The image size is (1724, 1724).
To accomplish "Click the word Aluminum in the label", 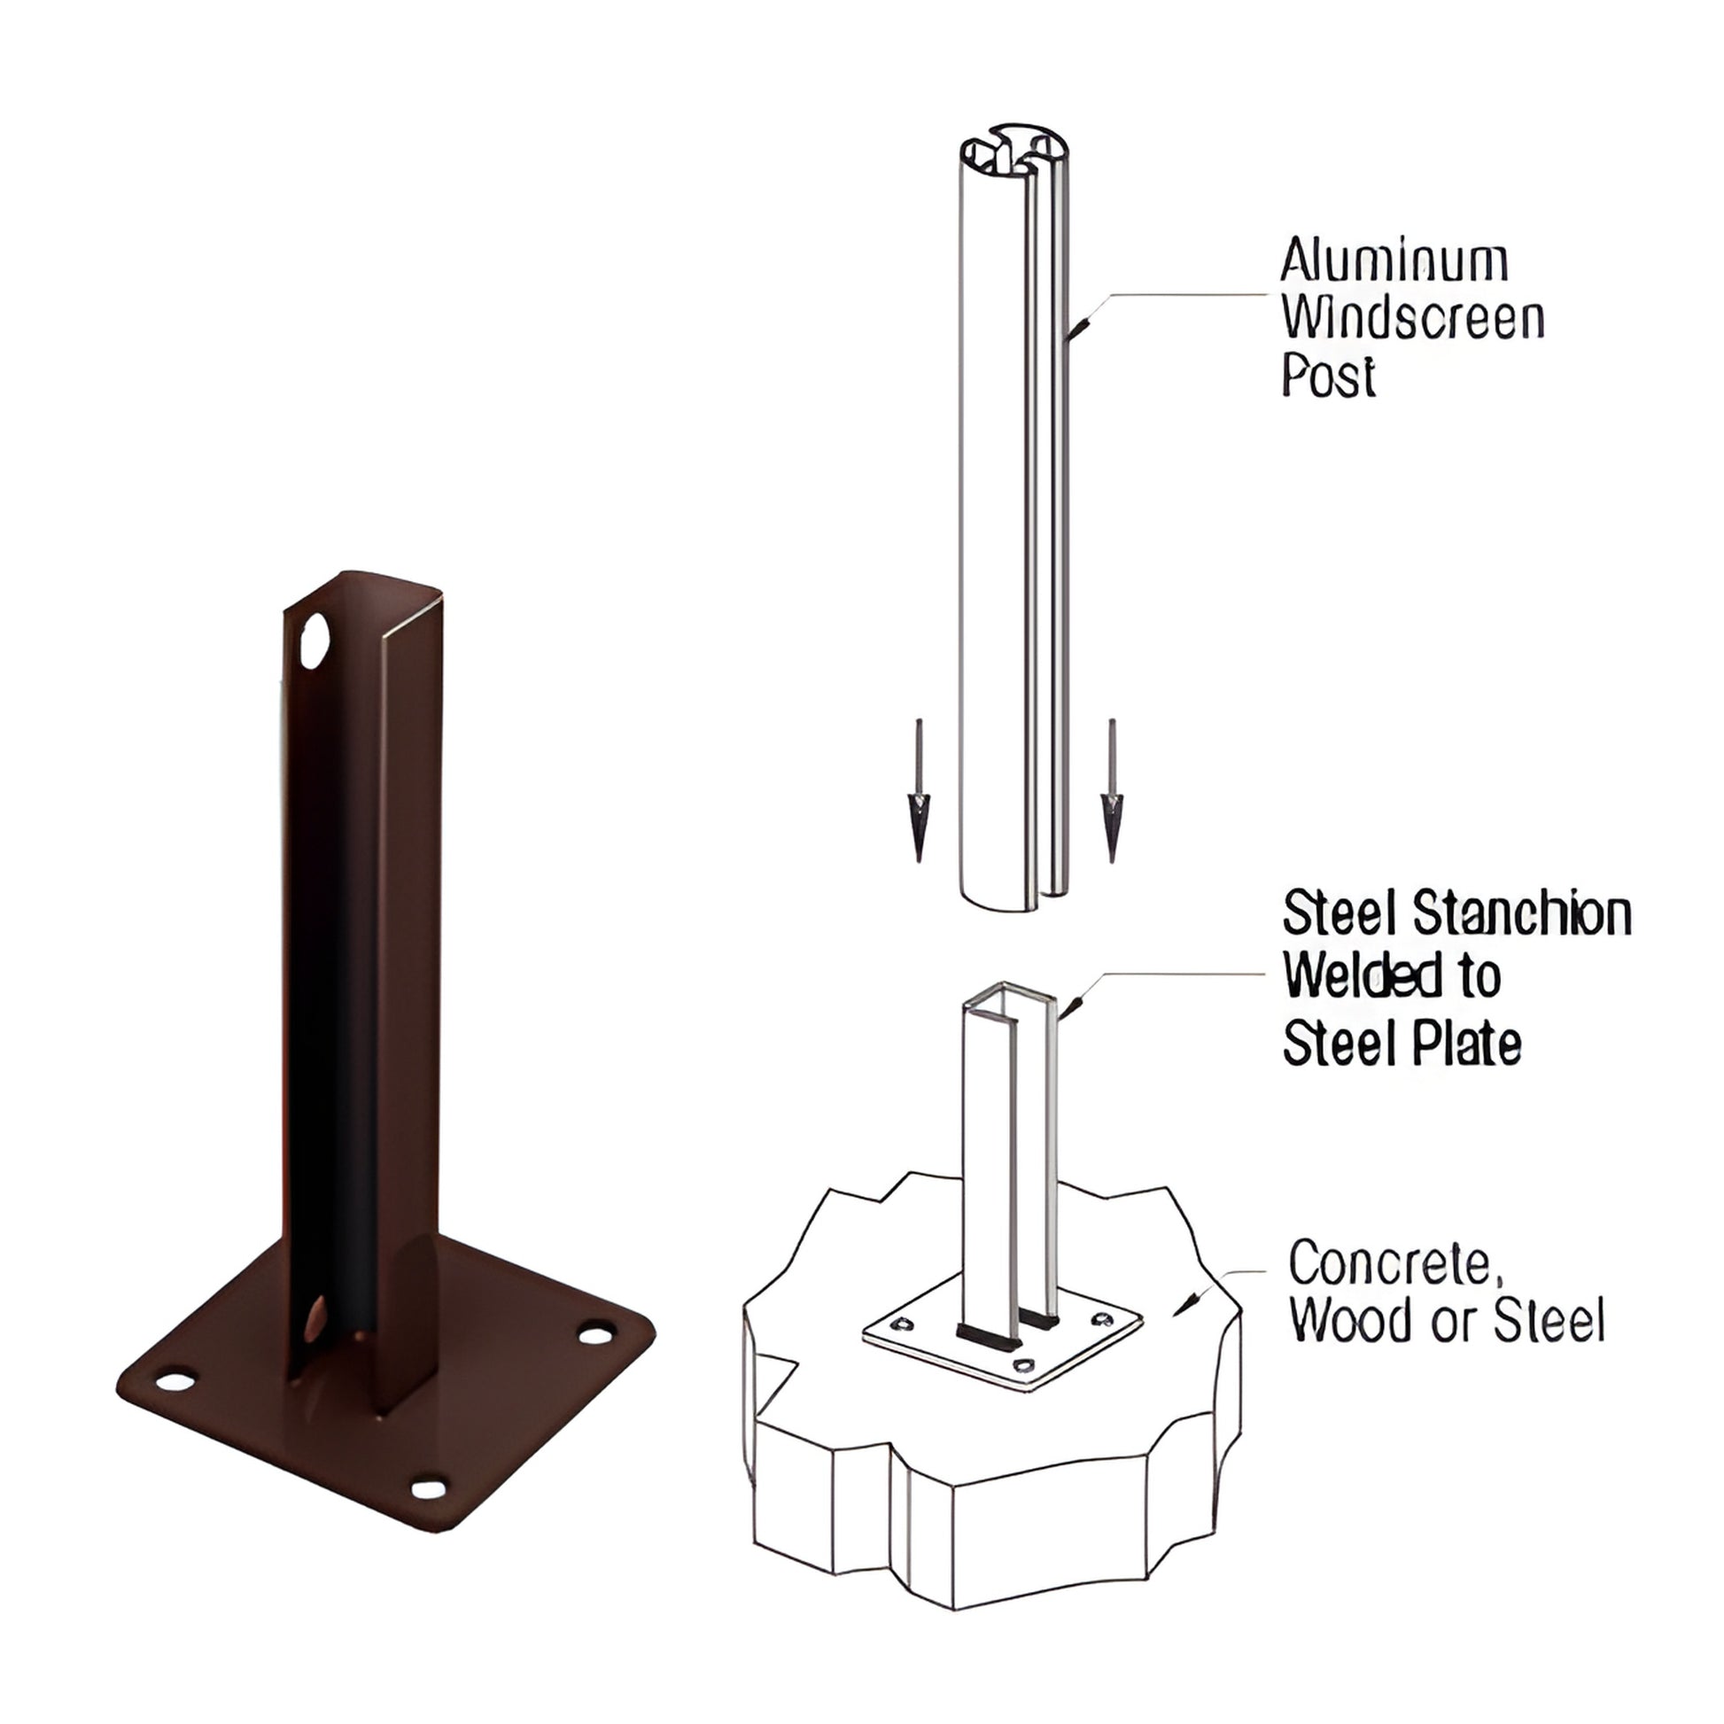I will pos(1394,261).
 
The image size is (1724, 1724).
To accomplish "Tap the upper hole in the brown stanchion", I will pos(315,641).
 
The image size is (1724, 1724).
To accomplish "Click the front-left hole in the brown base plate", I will pos(175,1382).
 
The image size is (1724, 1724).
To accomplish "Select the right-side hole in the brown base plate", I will pos(595,1334).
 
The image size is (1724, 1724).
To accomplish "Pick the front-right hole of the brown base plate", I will pos(429,1488).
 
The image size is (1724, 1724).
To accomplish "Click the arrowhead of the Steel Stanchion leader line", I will pos(1072,1006).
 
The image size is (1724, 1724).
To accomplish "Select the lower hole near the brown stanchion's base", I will pos(315,1322).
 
